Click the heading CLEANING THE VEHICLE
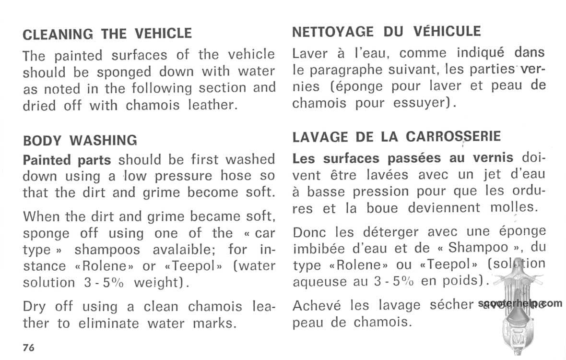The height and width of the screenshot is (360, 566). pos(107,34)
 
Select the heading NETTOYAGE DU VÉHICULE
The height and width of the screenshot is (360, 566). pos(386,32)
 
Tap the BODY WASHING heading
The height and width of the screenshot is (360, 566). pos(80,140)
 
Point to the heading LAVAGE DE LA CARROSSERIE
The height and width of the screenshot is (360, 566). pos(397,137)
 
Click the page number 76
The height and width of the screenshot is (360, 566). pos(28,348)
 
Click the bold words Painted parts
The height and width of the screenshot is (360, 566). pos(67,159)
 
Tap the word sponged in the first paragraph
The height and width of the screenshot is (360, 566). pos(125,72)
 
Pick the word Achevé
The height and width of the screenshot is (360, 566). pos(317,305)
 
